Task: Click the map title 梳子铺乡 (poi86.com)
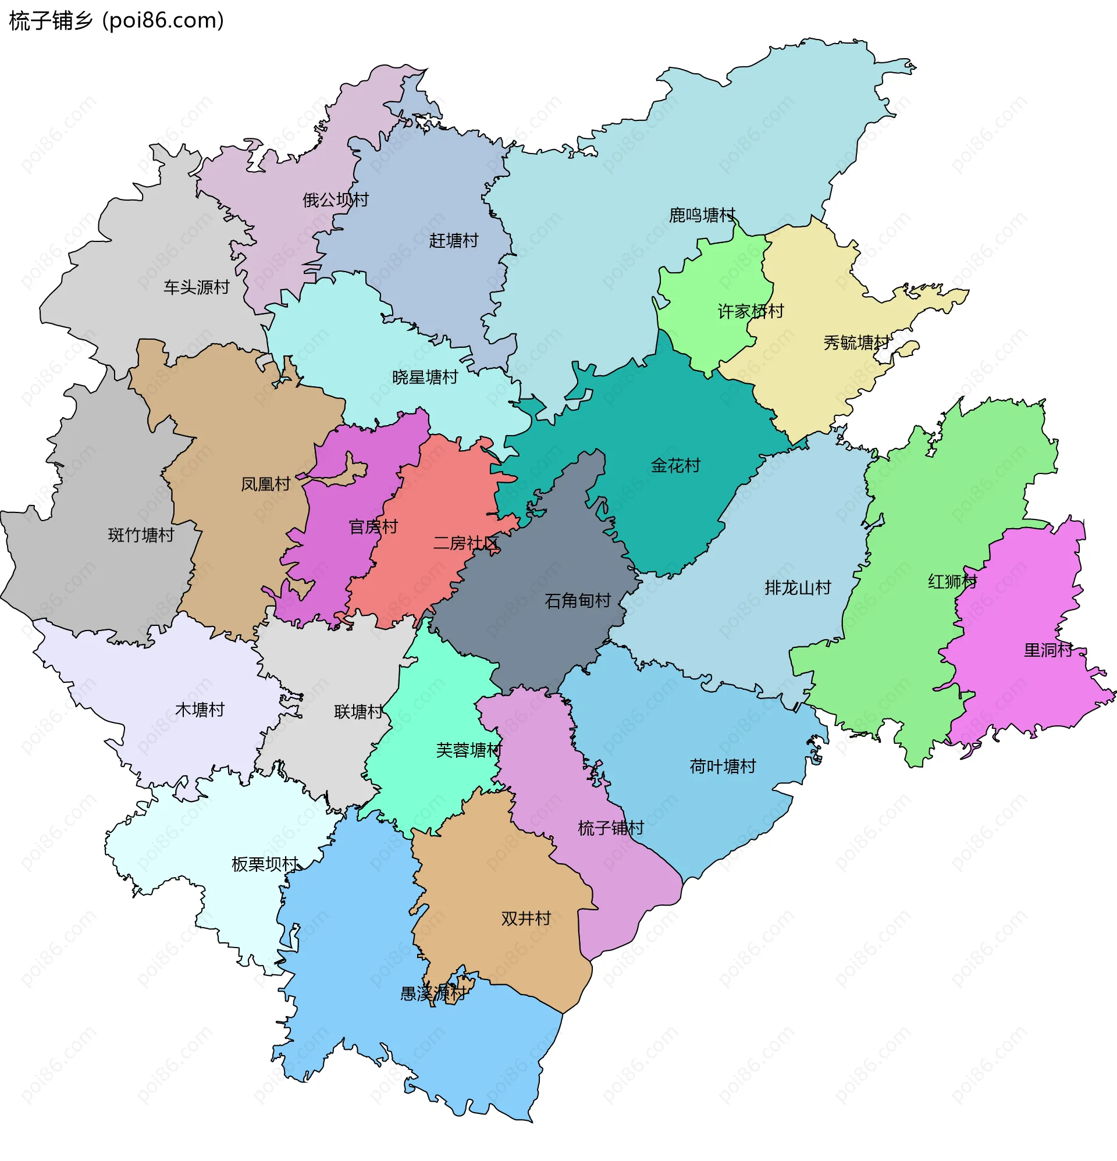[117, 21]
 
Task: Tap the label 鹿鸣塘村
[702, 215]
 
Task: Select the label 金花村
[675, 465]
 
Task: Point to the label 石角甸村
[578, 601]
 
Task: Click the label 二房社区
[466, 543]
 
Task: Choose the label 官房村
[373, 526]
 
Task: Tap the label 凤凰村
[265, 485]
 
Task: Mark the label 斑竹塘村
[141, 535]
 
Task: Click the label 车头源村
[196, 287]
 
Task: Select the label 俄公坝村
[336, 200]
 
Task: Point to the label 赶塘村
[453, 240]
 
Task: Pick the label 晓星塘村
[425, 377]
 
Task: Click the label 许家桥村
[751, 311]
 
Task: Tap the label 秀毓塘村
[856, 343]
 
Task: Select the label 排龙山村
[798, 587]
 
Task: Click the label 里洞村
[1048, 650]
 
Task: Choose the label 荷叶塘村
[723, 767]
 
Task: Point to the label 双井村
[526, 918]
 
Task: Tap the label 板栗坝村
[264, 864]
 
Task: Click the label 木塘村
[200, 710]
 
